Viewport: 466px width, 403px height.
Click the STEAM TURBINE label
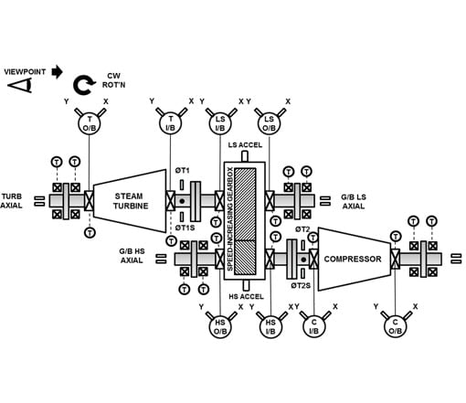pos(131,201)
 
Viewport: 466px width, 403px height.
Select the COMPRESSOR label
pos(353,259)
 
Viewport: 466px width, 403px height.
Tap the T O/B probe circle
pos(90,123)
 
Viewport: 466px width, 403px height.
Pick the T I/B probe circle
pos(170,123)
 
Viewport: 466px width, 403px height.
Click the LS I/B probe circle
pos(220,123)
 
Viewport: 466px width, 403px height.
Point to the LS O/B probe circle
pos(269,123)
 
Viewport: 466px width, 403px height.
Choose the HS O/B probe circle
pos(220,326)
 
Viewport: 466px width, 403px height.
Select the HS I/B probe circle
pos(270,326)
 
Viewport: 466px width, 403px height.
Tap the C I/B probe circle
pos(314,326)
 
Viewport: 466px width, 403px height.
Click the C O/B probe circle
pos(395,326)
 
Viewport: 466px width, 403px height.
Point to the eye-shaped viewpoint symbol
pos(21,85)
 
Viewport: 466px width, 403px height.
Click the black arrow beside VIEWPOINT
pos(57,72)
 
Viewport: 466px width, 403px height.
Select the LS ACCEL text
pos(245,145)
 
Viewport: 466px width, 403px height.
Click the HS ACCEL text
pos(246,296)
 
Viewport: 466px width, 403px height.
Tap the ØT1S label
pos(185,228)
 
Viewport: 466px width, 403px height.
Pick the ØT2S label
pos(301,285)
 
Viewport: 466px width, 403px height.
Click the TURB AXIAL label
pos(12,201)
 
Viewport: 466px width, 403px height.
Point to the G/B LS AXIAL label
pos(354,202)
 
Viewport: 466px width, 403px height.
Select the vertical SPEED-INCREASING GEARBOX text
pos(230,219)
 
